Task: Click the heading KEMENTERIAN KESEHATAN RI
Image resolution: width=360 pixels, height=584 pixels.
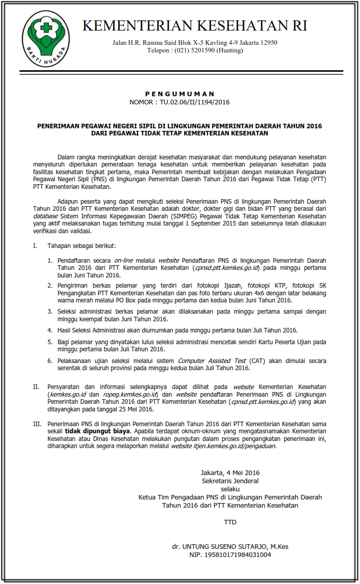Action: [x=195, y=26]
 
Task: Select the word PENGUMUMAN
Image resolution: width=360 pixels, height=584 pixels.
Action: [x=180, y=94]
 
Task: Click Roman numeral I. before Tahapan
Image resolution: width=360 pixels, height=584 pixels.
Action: [x=35, y=246]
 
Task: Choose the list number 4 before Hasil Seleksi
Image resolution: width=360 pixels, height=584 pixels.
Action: [x=50, y=330]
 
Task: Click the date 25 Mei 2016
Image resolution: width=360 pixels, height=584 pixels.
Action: [x=133, y=409]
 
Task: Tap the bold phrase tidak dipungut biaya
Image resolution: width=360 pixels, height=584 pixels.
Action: [x=97, y=431]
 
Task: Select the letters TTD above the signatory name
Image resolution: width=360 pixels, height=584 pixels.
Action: [x=230, y=522]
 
